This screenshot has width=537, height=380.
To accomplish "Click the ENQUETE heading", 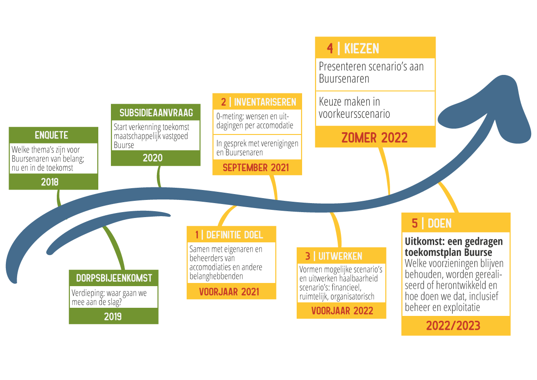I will click(53, 135).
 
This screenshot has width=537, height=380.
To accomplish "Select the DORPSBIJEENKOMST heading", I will click(114, 278).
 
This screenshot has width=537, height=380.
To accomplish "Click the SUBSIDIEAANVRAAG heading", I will click(156, 112).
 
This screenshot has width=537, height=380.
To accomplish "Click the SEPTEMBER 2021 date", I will click(256, 168).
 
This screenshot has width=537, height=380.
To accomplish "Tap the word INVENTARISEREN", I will click(265, 102).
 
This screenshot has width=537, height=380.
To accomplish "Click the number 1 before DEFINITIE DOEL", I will click(197, 235).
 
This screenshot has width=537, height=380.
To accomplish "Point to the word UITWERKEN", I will click(340, 256).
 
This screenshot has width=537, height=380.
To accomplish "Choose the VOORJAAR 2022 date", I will click(342, 311).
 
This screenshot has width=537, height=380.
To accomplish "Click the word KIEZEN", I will click(362, 49).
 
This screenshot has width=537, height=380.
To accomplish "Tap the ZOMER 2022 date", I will click(374, 137).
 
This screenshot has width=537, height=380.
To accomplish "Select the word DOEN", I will click(440, 223).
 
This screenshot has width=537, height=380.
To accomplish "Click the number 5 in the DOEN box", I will click(414, 223).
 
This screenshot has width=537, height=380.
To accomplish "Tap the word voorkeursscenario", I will click(354, 114).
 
